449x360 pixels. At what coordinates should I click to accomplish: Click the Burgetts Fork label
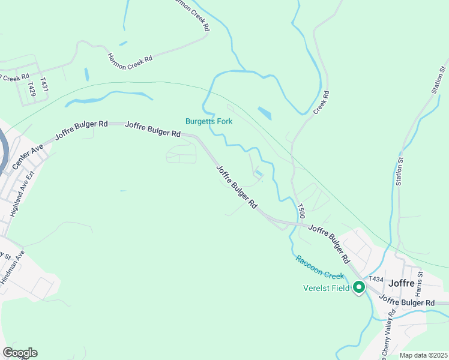click(x=208, y=121)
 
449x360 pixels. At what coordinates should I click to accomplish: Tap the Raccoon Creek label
click(x=319, y=268)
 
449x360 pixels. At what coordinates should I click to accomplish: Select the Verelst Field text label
click(x=326, y=287)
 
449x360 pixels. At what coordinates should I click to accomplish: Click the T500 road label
click(x=302, y=211)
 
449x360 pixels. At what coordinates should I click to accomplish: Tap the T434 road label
click(x=376, y=279)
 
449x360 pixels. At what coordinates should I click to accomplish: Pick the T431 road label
click(x=44, y=83)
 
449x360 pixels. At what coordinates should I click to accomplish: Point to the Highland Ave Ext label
click(x=22, y=193)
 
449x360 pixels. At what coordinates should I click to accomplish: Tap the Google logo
click(x=20, y=353)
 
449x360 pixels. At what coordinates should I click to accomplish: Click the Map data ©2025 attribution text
click(x=423, y=355)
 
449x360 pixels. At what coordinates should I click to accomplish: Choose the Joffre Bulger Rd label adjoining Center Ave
click(x=81, y=130)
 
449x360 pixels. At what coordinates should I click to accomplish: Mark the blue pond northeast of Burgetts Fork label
click(x=264, y=113)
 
